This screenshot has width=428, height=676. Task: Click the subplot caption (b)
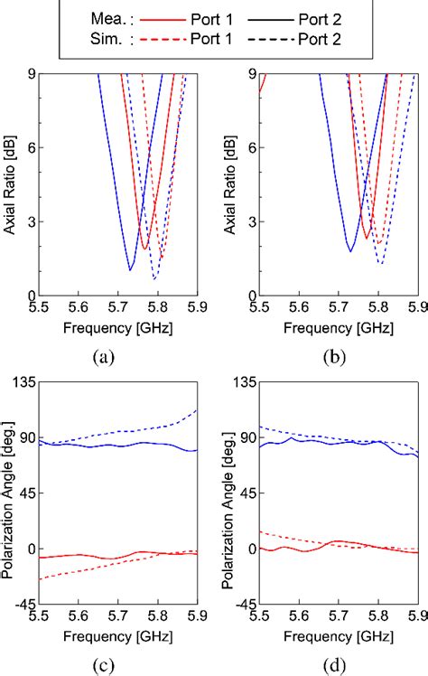pyautogui.click(x=338, y=357)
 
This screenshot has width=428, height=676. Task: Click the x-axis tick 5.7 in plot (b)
pyautogui.click(x=339, y=309)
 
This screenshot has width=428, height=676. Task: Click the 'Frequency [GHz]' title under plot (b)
pyautogui.click(x=339, y=328)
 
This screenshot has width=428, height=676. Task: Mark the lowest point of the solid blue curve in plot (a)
pyautogui.click(x=131, y=270)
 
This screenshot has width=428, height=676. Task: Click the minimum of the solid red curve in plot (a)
pyautogui.click(x=144, y=249)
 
